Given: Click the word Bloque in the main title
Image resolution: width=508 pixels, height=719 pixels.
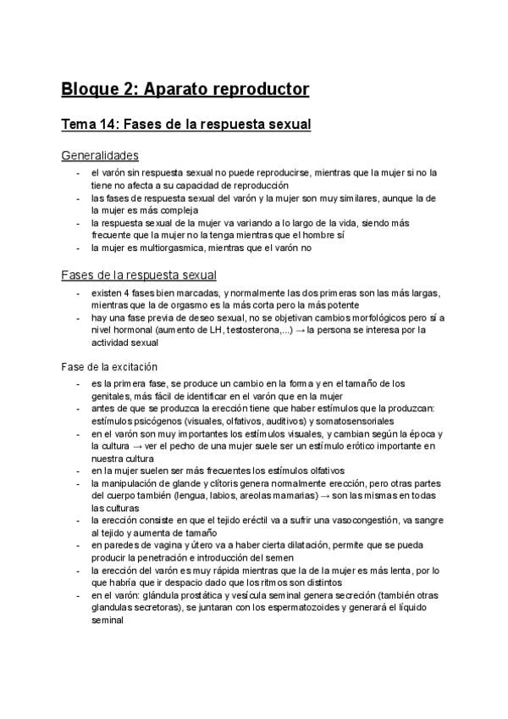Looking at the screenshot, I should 91,88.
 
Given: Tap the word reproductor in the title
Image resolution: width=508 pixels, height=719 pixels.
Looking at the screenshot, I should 262,88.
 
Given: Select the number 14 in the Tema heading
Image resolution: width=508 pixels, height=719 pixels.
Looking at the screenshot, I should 109,125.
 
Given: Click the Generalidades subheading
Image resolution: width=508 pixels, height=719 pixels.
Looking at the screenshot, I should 101,156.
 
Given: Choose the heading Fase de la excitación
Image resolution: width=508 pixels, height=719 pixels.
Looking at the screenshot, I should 110,367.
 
